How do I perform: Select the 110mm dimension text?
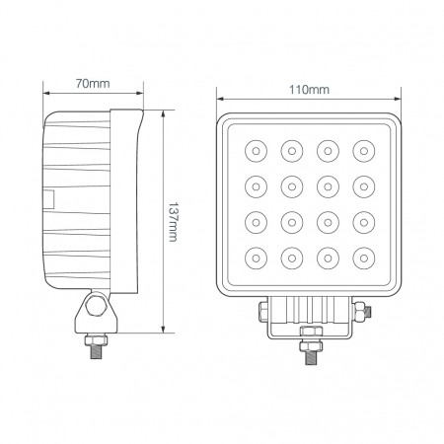coord(310,90)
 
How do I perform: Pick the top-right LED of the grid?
coord(364,151)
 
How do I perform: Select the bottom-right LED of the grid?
coord(364,259)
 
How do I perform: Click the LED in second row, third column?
coord(328,186)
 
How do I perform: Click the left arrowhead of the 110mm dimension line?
coord(220,99)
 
